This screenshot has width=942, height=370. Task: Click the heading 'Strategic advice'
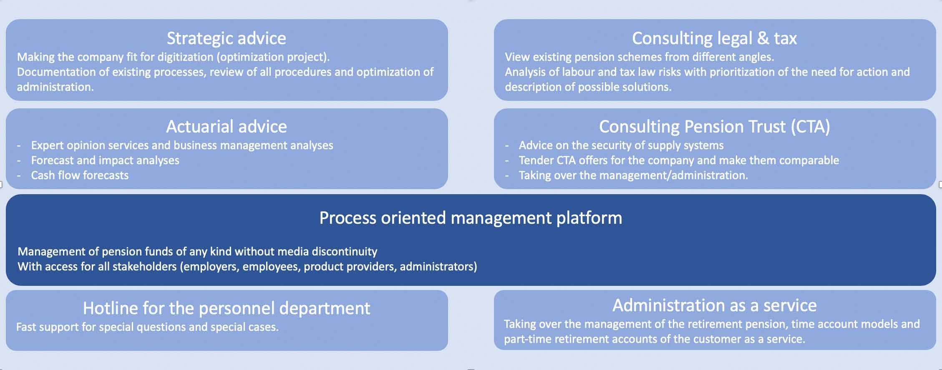pos(226,38)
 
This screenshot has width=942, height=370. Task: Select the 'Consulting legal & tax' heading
pos(714,38)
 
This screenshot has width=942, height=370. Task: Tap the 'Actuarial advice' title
pos(226,127)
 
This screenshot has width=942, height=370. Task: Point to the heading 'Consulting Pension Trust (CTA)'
pos(714,127)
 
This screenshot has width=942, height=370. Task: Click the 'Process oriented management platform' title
pos(470,218)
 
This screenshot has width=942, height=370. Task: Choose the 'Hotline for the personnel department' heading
pos(226,308)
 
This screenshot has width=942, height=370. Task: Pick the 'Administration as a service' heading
pos(714,305)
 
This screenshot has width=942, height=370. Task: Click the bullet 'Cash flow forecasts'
pos(80,175)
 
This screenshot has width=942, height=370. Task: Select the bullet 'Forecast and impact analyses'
pos(105,160)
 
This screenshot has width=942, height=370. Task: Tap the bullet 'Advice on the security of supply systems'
pos(621,145)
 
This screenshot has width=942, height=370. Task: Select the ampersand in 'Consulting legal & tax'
pos(763,38)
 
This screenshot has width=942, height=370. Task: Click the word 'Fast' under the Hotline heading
pos(26,327)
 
